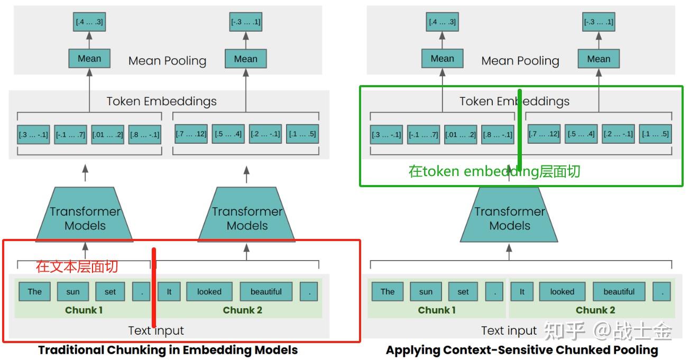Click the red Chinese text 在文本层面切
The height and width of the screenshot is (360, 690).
[77, 266]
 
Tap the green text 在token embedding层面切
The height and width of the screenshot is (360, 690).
[494, 171]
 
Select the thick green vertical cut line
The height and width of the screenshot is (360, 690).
[520, 130]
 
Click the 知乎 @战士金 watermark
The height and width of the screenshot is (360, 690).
[608, 331]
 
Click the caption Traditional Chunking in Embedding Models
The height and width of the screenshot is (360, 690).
[168, 350]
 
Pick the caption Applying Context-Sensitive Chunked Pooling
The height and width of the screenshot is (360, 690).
[522, 350]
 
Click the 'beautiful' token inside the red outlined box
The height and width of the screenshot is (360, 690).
[266, 292]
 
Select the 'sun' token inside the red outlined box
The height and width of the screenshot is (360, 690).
[73, 292]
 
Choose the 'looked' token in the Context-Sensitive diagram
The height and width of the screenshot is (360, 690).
[562, 292]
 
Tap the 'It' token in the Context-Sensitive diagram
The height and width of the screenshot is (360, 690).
[522, 292]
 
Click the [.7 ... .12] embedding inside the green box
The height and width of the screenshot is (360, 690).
[544, 134]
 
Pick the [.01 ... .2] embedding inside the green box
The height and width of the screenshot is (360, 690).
[461, 135]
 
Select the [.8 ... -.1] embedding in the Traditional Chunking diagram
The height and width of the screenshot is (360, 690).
[145, 135]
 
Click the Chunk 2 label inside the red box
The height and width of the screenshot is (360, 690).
[242, 310]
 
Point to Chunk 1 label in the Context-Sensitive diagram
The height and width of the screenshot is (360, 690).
[437, 310]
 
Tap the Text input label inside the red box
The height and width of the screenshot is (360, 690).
[156, 331]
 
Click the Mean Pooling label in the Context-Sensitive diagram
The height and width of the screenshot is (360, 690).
[520, 61]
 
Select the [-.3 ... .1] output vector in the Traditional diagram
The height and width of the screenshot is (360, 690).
[246, 22]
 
